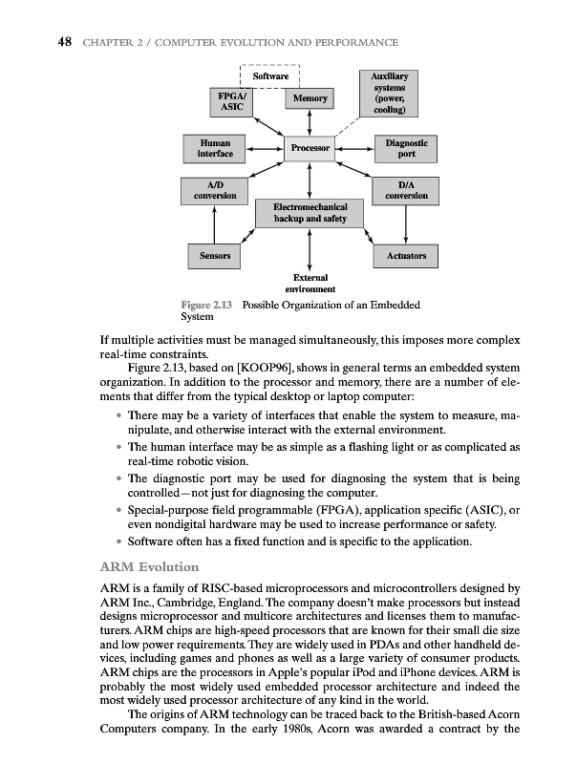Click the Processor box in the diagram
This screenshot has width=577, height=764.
[310, 148]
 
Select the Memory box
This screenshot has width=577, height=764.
[310, 98]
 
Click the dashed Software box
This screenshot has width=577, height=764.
[270, 74]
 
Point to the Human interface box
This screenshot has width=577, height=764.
[214, 148]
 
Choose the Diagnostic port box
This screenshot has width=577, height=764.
[406, 148]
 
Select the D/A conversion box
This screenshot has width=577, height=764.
[406, 190]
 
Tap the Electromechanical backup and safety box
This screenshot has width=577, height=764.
[310, 212]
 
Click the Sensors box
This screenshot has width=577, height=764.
[214, 257]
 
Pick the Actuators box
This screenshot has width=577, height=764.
[406, 257]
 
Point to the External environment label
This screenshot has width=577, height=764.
[310, 284]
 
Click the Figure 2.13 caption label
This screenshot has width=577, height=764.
[208, 306]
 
